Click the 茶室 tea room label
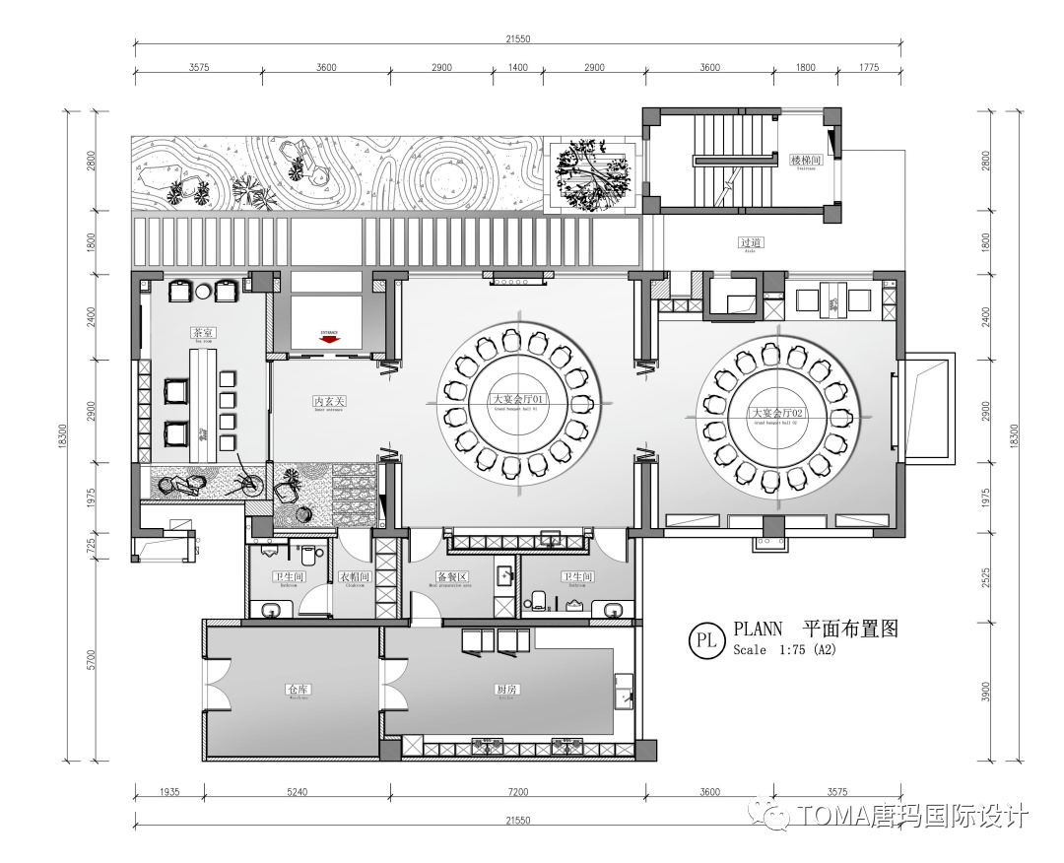204,333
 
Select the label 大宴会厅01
518,400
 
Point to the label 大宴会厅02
778,413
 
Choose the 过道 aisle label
752,242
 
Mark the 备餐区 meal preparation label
450,577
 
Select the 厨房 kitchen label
505,690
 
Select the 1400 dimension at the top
518,67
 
